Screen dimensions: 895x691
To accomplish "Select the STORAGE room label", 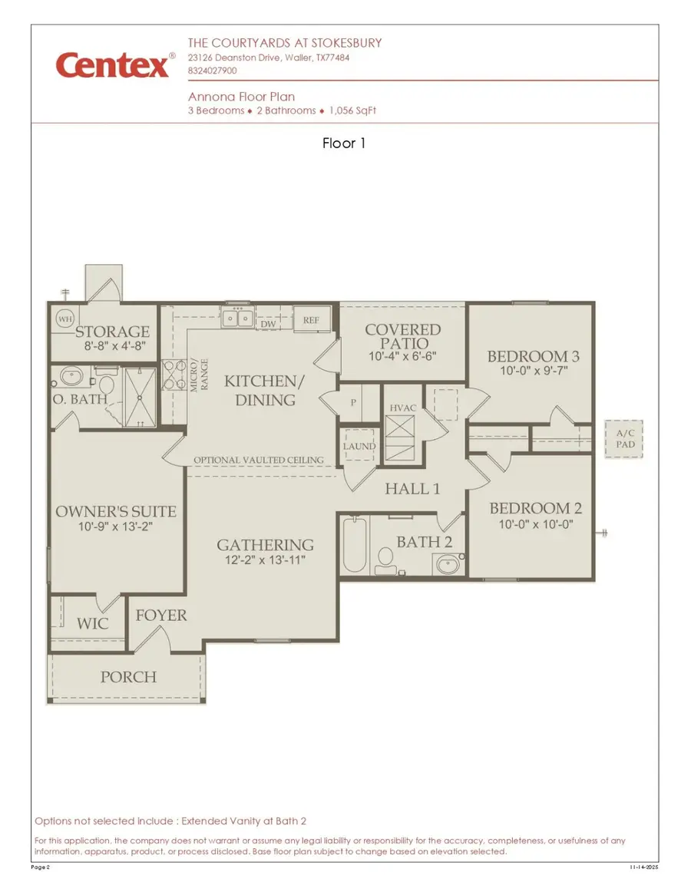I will [x=112, y=332].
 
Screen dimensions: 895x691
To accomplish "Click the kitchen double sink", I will [x=237, y=317].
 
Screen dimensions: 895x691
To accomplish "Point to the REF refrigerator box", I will [x=311, y=319].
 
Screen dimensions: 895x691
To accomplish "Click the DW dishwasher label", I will [x=268, y=324].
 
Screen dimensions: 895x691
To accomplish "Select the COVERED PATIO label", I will [x=402, y=337].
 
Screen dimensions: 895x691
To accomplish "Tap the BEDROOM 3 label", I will [x=532, y=356].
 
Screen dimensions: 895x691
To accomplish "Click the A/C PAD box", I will [x=623, y=439].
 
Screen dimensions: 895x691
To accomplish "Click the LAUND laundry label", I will [x=359, y=446].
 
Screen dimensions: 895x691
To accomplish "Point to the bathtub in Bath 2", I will [x=354, y=546].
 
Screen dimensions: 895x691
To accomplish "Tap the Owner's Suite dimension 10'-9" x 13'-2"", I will [x=116, y=527].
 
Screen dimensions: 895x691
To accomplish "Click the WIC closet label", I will [x=91, y=623].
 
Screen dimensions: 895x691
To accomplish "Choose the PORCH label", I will [x=128, y=677].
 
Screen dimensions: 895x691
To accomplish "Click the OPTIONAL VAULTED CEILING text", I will [x=258, y=460].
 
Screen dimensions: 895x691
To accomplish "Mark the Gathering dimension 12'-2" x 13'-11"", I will [x=265, y=560].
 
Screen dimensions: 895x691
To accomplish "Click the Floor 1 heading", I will [x=344, y=143].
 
